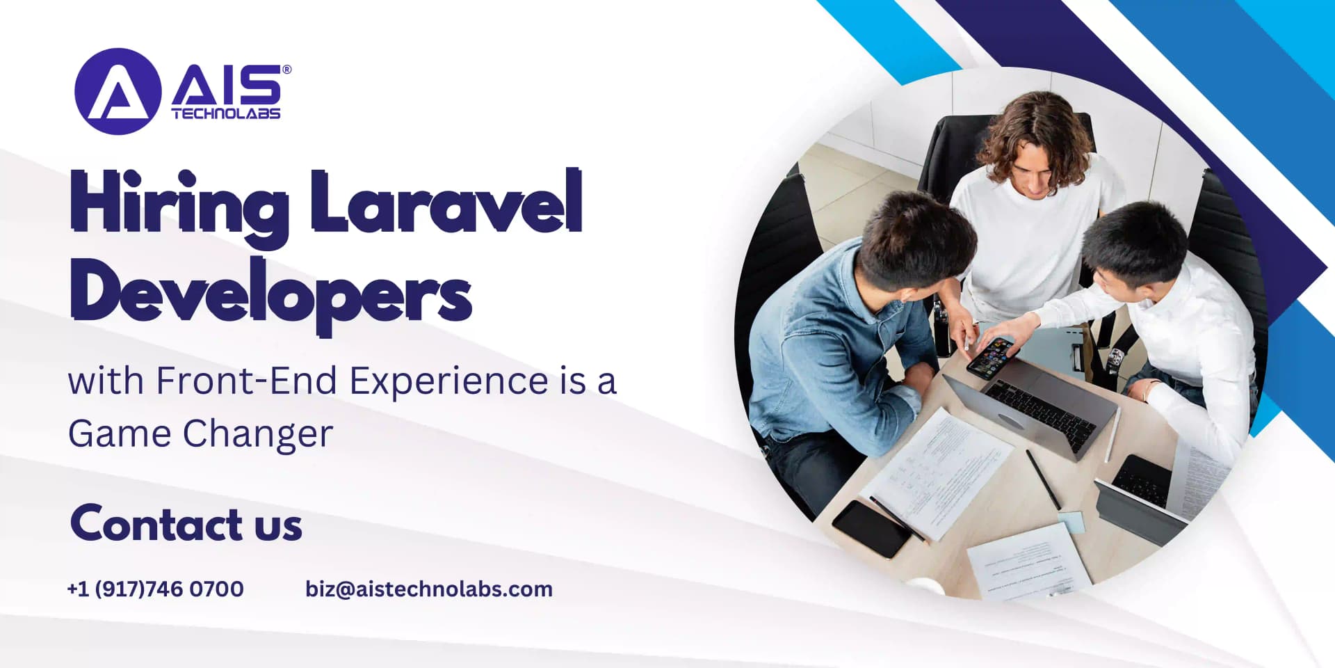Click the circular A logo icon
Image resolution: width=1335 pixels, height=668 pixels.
[x=118, y=91]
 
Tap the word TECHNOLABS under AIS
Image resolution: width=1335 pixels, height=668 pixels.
[x=226, y=114]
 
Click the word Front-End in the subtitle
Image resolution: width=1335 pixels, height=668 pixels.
[x=247, y=381]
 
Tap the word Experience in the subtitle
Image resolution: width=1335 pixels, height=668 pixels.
[x=449, y=381]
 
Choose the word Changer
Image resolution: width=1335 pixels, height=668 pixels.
[x=258, y=434]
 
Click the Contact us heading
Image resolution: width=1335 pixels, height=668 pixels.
[x=186, y=524]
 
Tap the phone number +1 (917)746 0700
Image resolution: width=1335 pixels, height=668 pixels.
[x=156, y=589]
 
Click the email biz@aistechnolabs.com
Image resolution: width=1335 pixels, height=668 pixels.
[x=429, y=589]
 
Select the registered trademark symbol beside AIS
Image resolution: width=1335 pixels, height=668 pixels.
[x=286, y=70]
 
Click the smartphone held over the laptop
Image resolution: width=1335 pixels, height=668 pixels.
[x=992, y=357]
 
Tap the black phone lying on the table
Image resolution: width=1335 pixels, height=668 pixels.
[x=872, y=529]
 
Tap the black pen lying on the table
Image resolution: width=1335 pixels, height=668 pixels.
[x=1043, y=479]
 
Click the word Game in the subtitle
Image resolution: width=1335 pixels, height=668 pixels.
[x=120, y=434]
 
